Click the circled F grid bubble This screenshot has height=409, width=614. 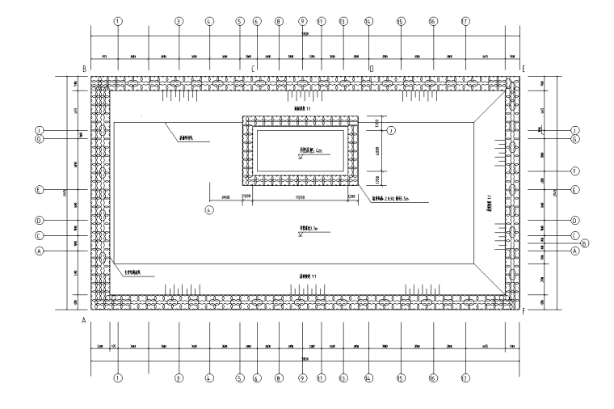pos(575,171)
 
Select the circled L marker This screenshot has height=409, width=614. pos(208,210)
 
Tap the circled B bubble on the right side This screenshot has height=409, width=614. pos(585,243)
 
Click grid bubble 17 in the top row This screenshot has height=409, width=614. pos(464,22)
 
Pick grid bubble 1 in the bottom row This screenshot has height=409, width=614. pos(118,377)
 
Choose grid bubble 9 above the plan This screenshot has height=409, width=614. pos(302,22)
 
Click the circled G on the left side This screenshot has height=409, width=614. pos(38,138)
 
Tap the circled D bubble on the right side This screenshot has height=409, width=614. pos(575,220)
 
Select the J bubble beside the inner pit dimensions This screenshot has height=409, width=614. pos(390,130)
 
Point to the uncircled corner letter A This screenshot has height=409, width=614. pos(83,321)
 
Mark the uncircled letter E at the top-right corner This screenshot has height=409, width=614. pos(524,70)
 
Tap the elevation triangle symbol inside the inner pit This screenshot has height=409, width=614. pos(300,158)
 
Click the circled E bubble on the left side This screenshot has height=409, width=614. pos(38,191)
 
